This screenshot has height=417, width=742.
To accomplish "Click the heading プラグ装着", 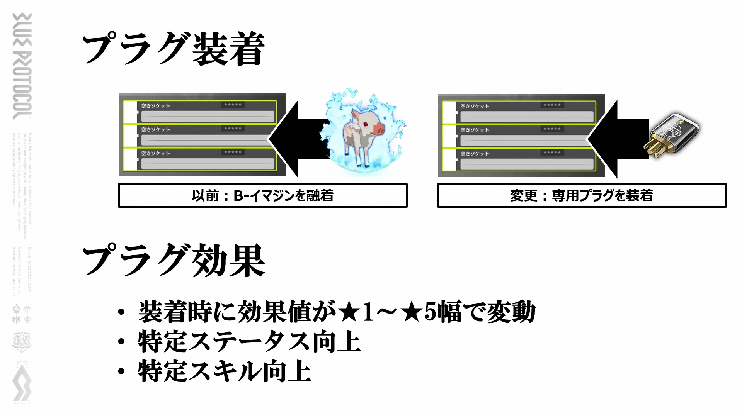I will coord(173,49).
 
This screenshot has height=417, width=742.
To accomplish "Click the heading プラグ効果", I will coord(173,261).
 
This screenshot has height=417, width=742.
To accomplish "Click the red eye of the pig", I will coord(365,124).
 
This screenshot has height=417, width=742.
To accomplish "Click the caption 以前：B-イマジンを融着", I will coord(262,195).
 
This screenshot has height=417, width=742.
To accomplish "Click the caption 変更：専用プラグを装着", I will coord(582,195).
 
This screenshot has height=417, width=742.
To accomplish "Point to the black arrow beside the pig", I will coord(298,139).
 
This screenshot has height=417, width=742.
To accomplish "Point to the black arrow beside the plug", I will coord(617,139).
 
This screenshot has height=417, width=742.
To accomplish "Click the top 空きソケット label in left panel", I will coord(155,106).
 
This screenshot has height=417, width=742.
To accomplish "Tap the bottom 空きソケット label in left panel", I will coord(155,153).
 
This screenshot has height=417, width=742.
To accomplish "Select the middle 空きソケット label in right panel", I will coord(475,130).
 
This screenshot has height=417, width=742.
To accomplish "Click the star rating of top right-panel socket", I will coord(552,105).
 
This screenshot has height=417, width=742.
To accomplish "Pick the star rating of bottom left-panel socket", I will coord(233,152).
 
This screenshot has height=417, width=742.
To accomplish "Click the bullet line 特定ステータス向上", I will coord(249,342).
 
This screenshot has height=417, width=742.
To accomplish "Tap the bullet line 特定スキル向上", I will coord(224,371).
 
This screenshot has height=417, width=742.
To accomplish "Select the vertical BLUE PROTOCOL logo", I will coord(22,66).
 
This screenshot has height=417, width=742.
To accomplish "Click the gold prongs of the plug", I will coord(653,148).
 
